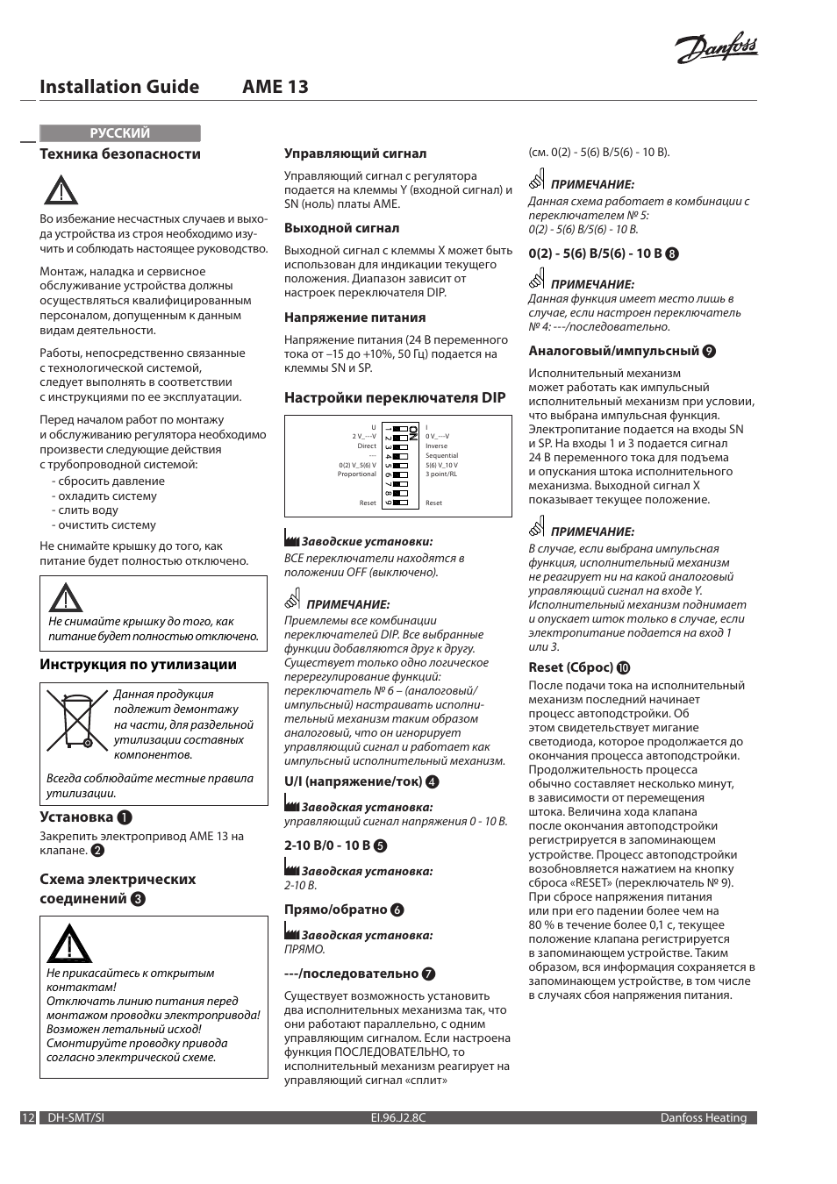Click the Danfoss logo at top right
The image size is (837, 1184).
716,49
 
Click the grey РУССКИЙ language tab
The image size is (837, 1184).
120,133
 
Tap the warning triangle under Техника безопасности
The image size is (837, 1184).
61,190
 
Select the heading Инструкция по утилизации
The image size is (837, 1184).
138,664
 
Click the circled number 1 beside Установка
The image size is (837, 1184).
125,817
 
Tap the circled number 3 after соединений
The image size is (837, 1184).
139,899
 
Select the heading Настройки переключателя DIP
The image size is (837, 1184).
395,397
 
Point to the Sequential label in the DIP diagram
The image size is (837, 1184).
441,456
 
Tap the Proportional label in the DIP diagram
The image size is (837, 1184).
357,474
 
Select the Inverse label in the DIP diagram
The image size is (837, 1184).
436,446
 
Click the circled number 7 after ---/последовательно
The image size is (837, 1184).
429,974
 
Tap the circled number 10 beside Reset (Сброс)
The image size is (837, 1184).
624,667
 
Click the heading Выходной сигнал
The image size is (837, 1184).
341,228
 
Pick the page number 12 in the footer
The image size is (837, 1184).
28,1118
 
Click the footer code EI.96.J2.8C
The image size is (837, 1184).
398,1118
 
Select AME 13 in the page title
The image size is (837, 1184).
275,87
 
